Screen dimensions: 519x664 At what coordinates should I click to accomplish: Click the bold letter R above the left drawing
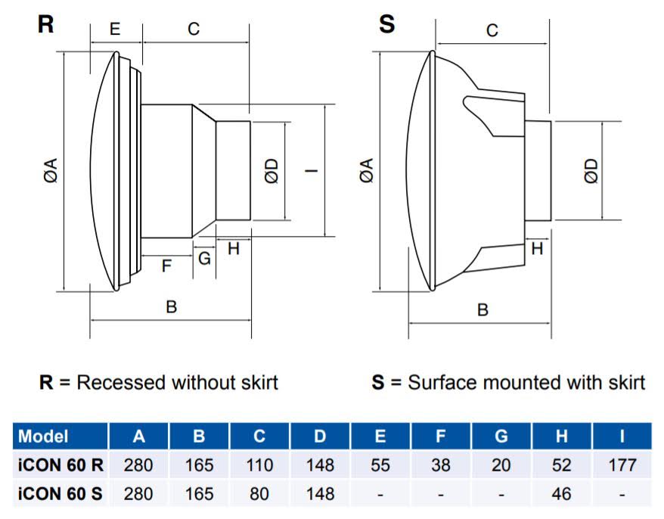[x=46, y=23]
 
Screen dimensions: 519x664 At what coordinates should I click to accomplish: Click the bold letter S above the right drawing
[x=386, y=23]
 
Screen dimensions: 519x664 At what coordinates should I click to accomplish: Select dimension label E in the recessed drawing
[x=115, y=30]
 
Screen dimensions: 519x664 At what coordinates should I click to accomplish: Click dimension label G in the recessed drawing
[x=204, y=258]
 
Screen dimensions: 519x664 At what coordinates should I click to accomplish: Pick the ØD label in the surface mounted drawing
[x=591, y=171]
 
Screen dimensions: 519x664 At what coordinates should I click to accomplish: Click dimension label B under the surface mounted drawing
[x=482, y=309]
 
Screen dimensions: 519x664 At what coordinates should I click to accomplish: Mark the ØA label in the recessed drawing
[x=51, y=171]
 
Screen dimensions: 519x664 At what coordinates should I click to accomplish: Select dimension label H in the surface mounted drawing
[x=537, y=247]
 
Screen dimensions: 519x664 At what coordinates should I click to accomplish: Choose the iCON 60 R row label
[x=60, y=465]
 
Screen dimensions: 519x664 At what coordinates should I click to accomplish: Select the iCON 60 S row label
[x=60, y=494]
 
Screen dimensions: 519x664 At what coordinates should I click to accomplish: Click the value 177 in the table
[x=622, y=465]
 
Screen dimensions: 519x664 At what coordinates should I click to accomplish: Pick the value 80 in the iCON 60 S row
[x=259, y=494]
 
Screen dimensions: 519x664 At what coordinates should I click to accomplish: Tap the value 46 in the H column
[x=561, y=494]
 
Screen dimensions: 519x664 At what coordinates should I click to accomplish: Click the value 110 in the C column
[x=259, y=465]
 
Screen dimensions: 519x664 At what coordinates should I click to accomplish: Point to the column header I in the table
[x=622, y=437]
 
